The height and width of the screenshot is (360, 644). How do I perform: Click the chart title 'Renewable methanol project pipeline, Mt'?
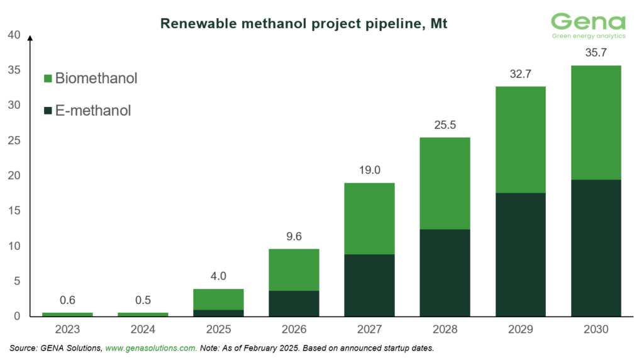[304, 23]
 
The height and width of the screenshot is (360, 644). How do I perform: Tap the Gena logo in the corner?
[588, 26]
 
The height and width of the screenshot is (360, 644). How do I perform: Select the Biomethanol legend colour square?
[48, 79]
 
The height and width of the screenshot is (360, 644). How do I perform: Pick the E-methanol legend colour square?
[48, 111]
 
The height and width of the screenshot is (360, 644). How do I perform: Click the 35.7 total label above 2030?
[596, 53]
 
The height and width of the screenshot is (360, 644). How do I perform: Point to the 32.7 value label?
[520, 74]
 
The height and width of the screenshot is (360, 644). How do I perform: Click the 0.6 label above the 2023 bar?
[67, 300]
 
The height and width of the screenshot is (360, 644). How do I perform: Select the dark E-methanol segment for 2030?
[596, 248]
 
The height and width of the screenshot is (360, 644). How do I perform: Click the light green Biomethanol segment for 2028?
[445, 183]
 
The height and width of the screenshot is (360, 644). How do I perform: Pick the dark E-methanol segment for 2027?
[369, 285]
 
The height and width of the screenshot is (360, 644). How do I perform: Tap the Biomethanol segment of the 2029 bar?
[520, 140]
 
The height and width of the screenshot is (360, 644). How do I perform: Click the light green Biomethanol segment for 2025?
[218, 300]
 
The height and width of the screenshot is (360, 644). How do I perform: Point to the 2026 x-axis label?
[294, 329]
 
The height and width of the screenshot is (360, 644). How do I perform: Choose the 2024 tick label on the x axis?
[143, 329]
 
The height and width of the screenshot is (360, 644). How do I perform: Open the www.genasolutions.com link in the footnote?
[150, 347]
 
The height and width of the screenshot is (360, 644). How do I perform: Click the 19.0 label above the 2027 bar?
[369, 170]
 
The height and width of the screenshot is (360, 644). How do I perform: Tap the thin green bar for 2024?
[143, 314]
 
